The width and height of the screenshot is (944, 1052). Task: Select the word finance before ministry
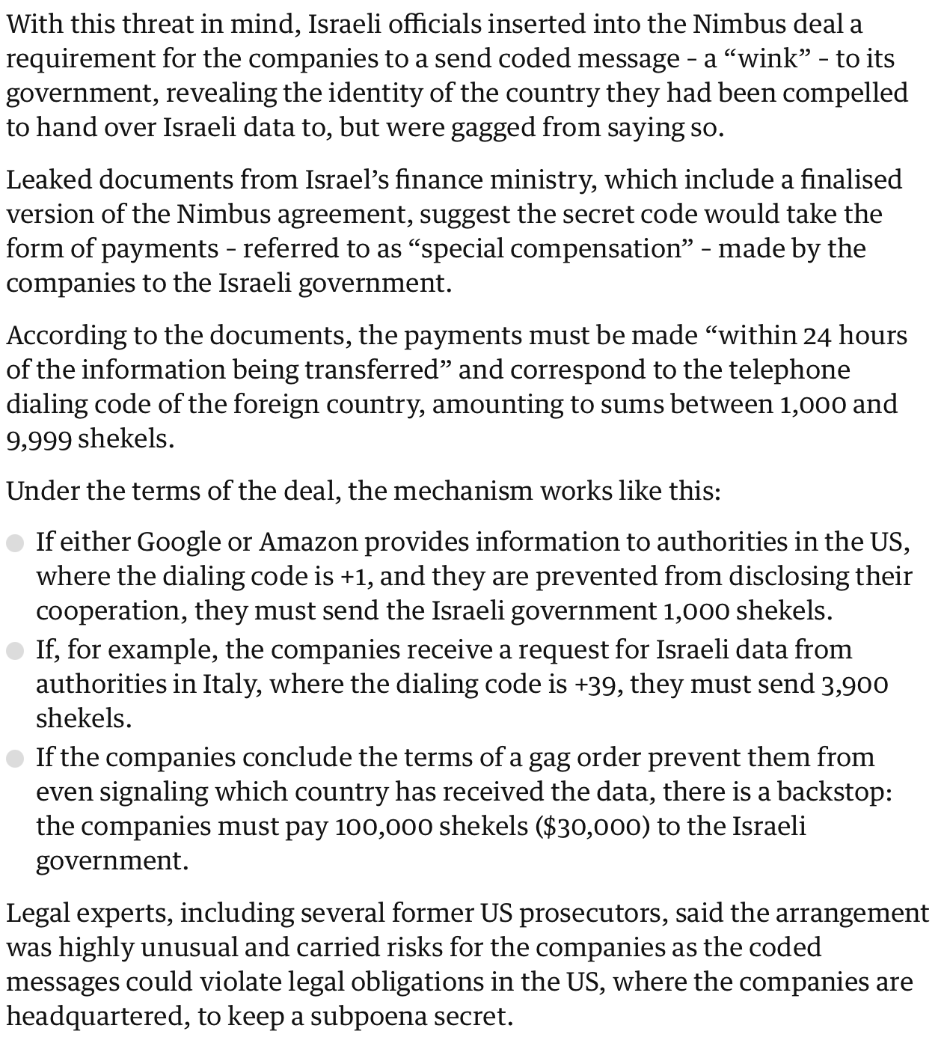pos(435,180)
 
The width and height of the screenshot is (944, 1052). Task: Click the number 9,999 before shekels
pos(39,438)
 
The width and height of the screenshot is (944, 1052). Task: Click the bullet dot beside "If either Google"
pos(16,543)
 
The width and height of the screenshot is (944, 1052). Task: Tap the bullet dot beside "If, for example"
pos(16,651)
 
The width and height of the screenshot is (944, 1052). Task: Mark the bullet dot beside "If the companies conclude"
pos(16,759)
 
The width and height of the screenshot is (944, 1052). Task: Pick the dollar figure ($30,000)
pos(592,826)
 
